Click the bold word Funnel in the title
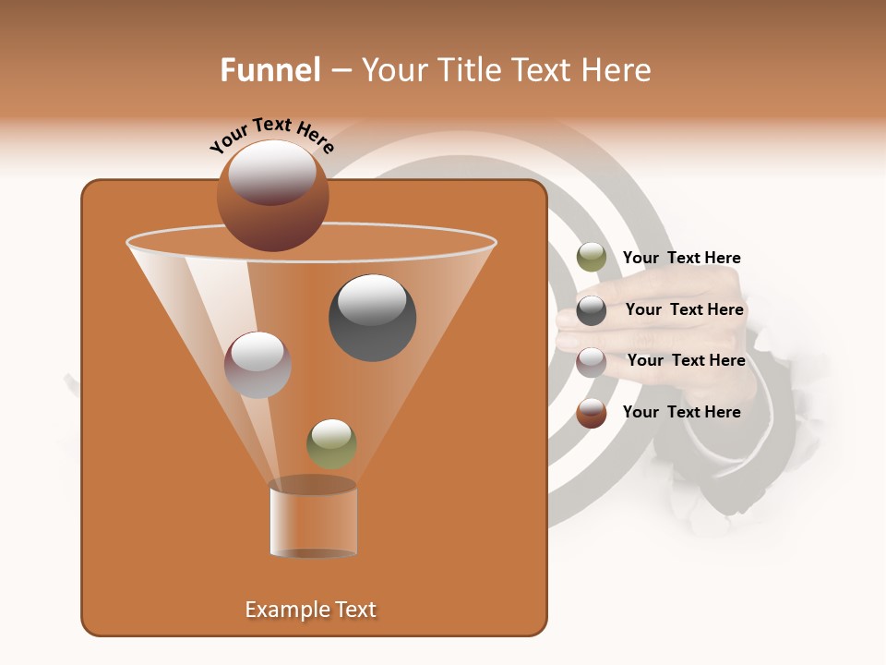point(269,70)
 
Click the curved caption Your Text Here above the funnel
point(272,136)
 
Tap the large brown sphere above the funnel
point(272,196)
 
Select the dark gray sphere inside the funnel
point(372,318)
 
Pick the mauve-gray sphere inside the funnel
point(258,365)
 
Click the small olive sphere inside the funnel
point(331,443)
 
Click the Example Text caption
point(310,610)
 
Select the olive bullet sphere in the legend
point(592,258)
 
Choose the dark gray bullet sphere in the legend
point(592,310)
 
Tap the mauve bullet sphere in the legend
point(592,362)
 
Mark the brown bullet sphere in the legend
point(592,413)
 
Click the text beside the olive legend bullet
point(681,259)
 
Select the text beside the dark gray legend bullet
point(684,310)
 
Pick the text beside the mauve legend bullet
point(686,361)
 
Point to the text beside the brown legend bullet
point(681,412)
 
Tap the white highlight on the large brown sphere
point(272,173)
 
